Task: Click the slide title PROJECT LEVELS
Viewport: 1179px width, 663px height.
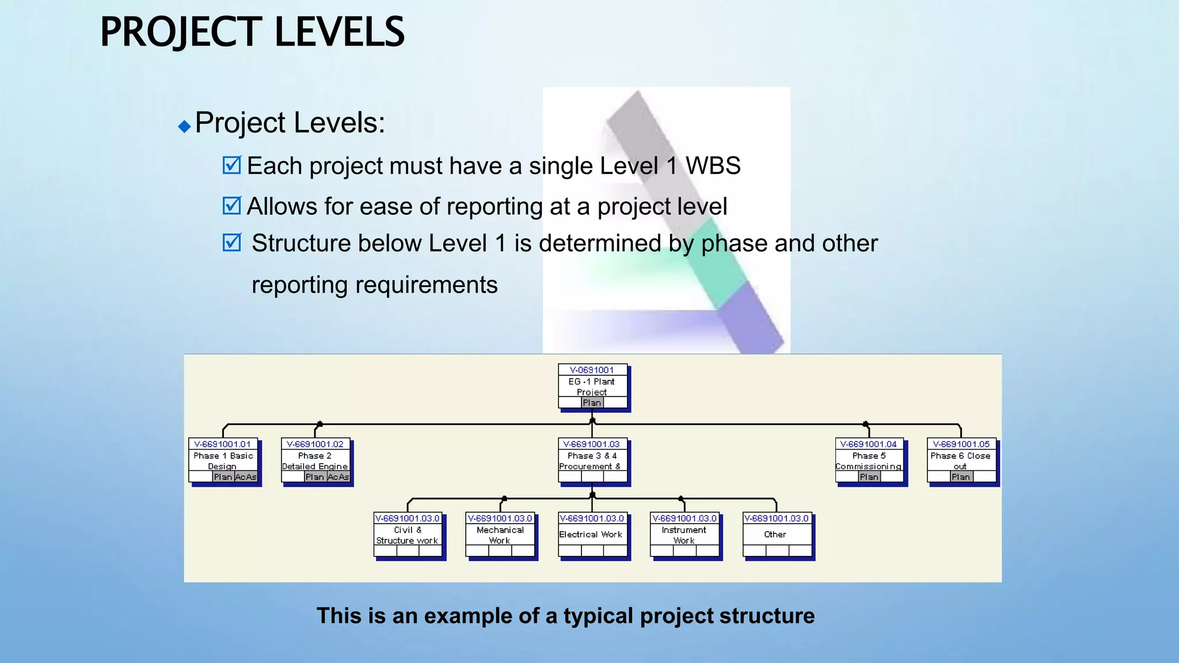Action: point(252,32)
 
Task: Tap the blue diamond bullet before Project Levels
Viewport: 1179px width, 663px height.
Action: point(184,126)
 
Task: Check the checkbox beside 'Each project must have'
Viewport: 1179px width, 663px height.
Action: point(231,165)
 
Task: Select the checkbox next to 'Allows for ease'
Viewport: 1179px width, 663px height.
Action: point(231,205)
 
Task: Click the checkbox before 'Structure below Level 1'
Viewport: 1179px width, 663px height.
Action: point(231,242)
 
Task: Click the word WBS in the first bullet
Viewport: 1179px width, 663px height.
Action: point(713,166)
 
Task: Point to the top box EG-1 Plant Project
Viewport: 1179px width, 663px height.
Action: point(592,387)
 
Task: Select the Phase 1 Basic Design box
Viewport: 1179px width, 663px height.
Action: point(223,461)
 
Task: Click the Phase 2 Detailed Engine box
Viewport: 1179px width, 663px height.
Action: point(315,461)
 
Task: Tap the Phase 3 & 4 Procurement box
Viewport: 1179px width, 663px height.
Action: point(592,461)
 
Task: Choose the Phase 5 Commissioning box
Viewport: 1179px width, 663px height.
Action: point(869,461)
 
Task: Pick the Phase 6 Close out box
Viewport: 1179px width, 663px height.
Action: point(961,461)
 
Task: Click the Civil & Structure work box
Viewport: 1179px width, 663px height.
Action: point(408,535)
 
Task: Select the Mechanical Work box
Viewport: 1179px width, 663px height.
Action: point(500,535)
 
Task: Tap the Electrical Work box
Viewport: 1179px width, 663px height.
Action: point(592,535)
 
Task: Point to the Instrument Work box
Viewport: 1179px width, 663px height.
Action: point(684,535)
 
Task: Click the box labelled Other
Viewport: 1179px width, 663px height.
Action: point(777,535)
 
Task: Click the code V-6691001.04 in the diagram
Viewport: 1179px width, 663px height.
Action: point(868,444)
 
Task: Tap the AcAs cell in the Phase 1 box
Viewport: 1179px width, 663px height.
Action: point(246,477)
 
